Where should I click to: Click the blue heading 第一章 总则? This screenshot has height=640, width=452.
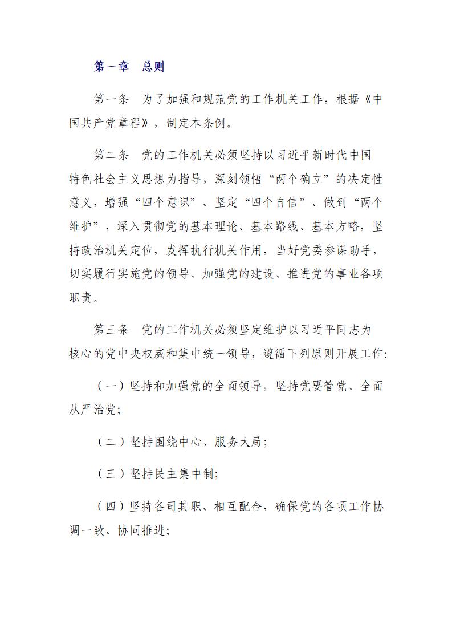coord(129,66)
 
